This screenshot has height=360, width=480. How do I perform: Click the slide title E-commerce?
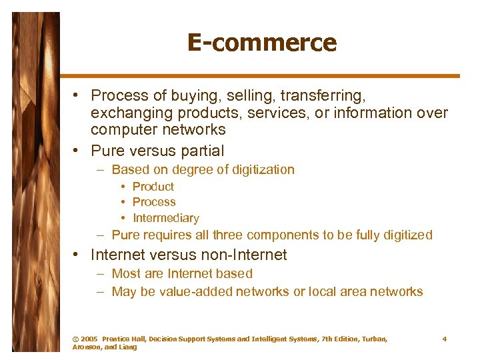pos(261,43)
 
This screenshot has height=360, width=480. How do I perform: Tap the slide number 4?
pos(445,339)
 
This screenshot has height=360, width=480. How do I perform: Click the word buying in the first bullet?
pos(217,96)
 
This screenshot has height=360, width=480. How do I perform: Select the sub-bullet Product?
pos(153,187)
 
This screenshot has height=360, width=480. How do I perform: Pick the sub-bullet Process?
pos(154,202)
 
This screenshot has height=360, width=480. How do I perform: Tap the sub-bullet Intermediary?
pos(165,218)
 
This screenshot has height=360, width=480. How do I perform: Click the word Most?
pos(125,273)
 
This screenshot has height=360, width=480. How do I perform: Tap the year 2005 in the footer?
pos(89,339)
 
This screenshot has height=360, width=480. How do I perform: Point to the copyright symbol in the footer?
pos(75,339)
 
